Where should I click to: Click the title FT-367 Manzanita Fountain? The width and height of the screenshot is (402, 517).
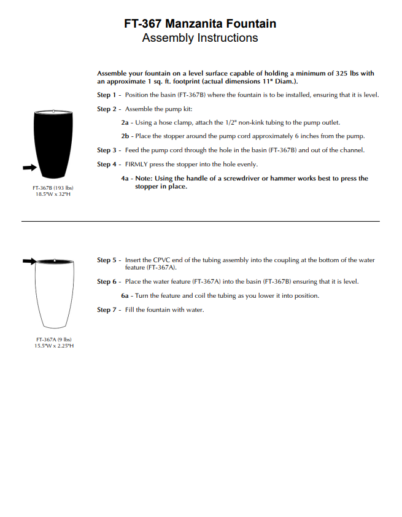pos(200,24)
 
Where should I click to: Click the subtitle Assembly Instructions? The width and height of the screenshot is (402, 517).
pos(200,38)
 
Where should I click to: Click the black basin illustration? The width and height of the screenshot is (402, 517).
pos(55,142)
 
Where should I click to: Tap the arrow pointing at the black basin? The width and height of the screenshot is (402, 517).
pos(28,166)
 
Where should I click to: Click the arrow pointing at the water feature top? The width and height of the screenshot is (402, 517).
pos(28,262)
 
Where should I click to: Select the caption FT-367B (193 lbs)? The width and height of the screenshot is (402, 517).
pos(53,187)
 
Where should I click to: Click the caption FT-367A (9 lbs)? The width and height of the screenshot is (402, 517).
pos(54,340)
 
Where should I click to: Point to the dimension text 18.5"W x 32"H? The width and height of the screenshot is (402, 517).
pos(53,194)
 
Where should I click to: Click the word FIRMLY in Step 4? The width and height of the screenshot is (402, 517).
pos(137,165)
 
